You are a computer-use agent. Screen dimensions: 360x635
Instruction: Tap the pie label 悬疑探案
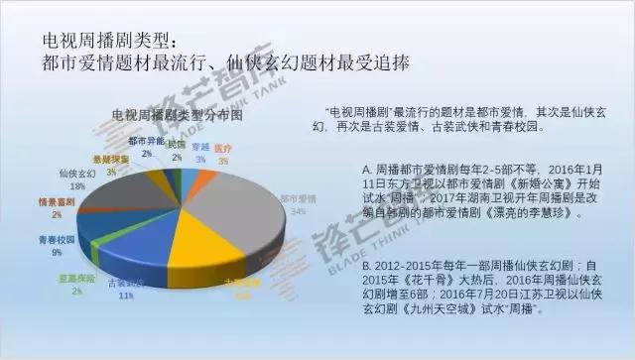[x=111, y=160]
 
